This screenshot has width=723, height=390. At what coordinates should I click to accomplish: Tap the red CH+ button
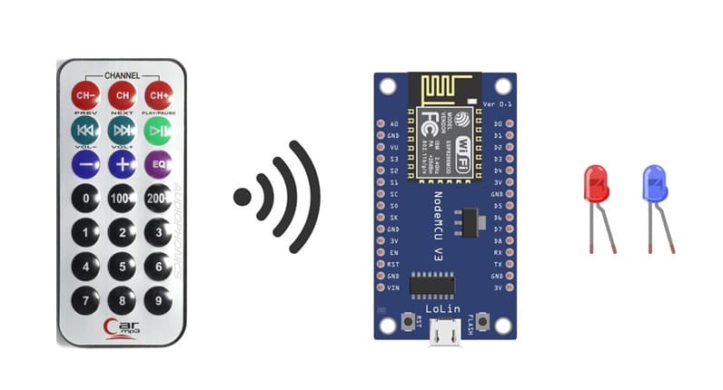pyautogui.click(x=158, y=94)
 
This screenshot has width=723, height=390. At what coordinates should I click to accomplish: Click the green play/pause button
pyautogui.click(x=158, y=130)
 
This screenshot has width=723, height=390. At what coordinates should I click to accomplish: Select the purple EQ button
pyautogui.click(x=158, y=164)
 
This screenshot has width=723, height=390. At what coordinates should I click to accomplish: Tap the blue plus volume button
pyautogui.click(x=122, y=164)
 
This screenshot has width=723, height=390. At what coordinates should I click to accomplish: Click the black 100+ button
pyautogui.click(x=122, y=198)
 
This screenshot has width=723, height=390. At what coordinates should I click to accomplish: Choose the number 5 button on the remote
pyautogui.click(x=122, y=266)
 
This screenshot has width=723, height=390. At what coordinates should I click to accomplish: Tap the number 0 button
pyautogui.click(x=85, y=198)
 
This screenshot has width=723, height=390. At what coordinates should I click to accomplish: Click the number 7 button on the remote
pyautogui.click(x=85, y=299)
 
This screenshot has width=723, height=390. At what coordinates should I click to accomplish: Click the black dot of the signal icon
pyautogui.click(x=243, y=196)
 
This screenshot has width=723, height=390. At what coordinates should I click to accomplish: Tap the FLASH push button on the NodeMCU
pyautogui.click(x=483, y=322)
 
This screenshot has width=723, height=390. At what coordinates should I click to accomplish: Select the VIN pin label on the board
pyautogui.click(x=392, y=288)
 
